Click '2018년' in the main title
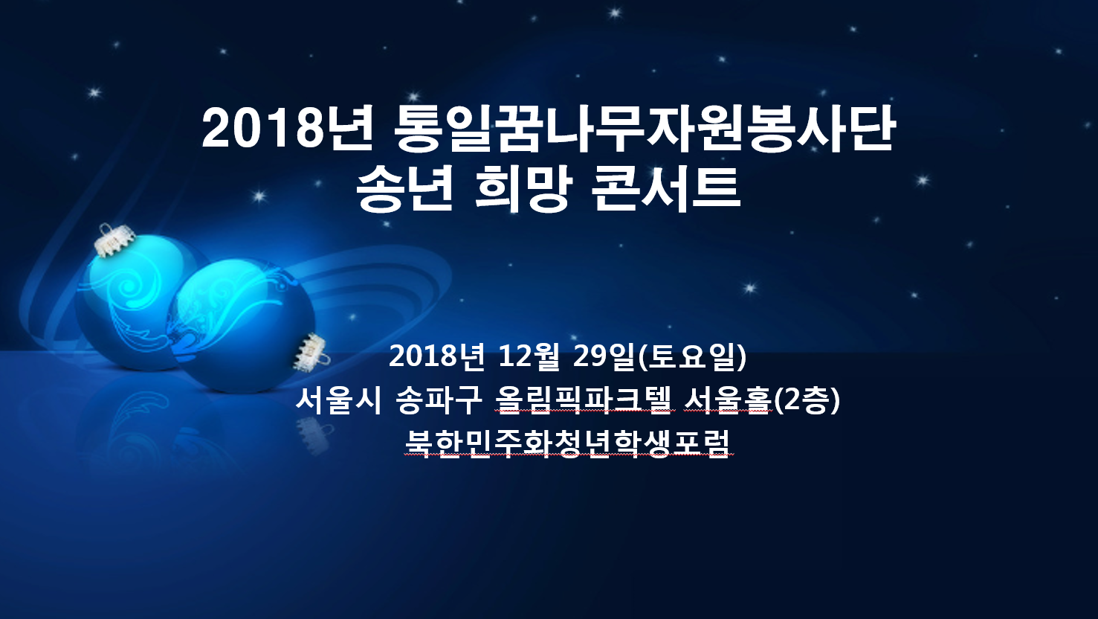[287, 130]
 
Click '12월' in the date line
[529, 356]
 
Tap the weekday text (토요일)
[693, 356]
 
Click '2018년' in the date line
[437, 356]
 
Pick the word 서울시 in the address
[339, 400]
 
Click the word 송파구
[439, 400]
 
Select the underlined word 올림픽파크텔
[583, 400]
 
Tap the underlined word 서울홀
[728, 400]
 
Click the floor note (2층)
[807, 400]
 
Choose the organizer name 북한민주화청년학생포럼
[568, 444]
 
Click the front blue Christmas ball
[241, 326]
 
